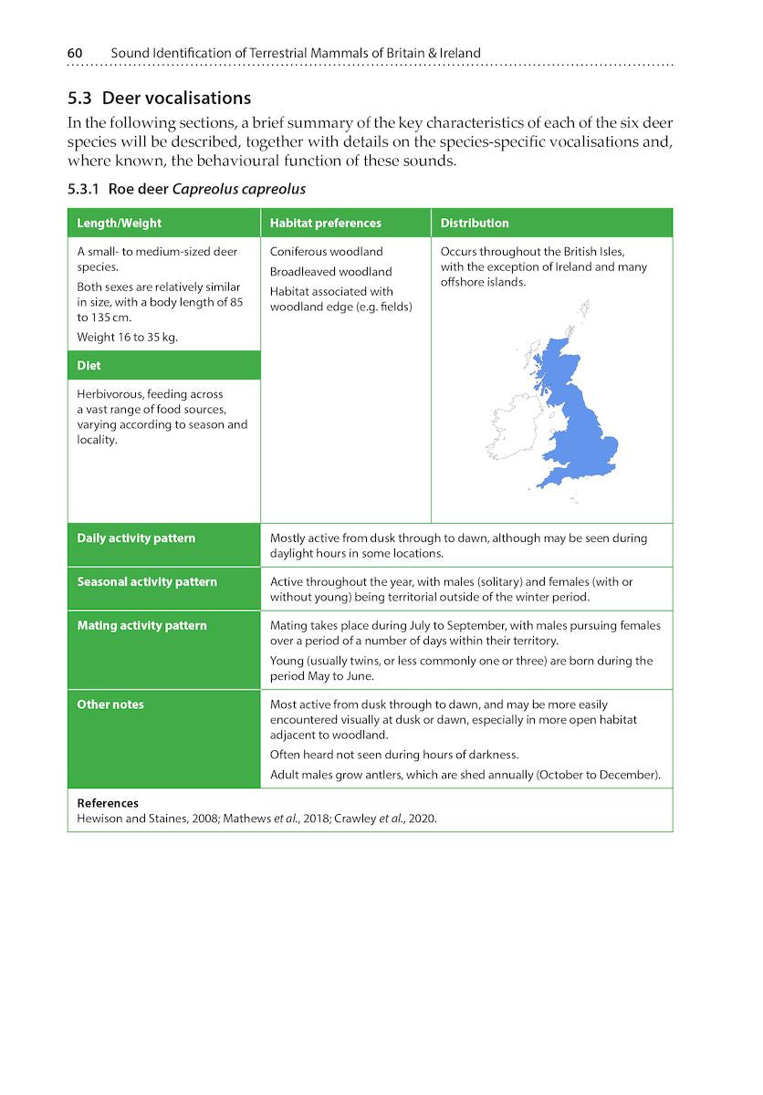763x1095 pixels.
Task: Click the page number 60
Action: [x=75, y=53]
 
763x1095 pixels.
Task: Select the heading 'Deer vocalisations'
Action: [x=176, y=98]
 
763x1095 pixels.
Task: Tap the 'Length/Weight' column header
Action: [x=120, y=223]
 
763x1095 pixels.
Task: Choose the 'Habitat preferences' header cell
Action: [x=326, y=223]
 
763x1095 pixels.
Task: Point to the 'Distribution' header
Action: [x=475, y=223]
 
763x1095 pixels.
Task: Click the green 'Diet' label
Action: [x=89, y=365]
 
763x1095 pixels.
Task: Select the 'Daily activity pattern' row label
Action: [x=136, y=537]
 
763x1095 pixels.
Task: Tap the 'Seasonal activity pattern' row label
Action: [x=147, y=581]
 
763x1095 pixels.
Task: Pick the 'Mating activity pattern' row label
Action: [x=141, y=625]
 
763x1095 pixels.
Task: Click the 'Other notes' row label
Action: [x=110, y=704]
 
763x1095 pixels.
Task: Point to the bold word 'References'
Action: [x=108, y=803]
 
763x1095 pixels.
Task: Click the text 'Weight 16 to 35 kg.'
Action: [x=128, y=337]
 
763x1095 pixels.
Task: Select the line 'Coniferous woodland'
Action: [x=327, y=251]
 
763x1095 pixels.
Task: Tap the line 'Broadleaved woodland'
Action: [x=330, y=271]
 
